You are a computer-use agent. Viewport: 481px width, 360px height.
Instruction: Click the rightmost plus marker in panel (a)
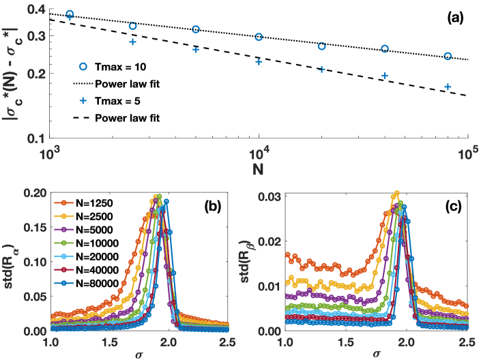[448, 87]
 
